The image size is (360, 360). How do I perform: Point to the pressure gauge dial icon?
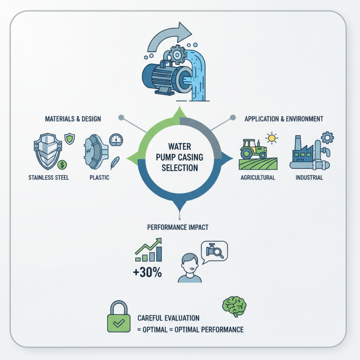116,139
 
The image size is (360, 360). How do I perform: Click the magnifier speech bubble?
215,250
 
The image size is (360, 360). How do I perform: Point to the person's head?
189,263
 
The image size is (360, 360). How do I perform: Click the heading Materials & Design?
73,119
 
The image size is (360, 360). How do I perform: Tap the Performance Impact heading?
178,227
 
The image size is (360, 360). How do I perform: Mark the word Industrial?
309,177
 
